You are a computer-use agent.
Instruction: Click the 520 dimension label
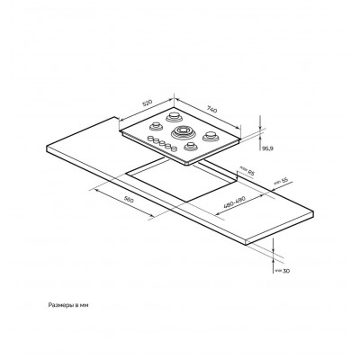pos(148,103)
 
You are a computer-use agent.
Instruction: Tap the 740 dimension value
pos(211,109)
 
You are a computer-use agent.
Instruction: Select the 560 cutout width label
pos(129,200)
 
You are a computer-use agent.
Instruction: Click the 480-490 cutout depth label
pos(234,202)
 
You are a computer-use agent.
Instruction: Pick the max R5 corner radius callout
pos(247,171)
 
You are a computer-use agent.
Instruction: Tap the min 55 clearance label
pos(281,181)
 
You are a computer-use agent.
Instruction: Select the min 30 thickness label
pos(283,271)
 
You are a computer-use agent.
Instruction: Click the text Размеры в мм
pos(68,305)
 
